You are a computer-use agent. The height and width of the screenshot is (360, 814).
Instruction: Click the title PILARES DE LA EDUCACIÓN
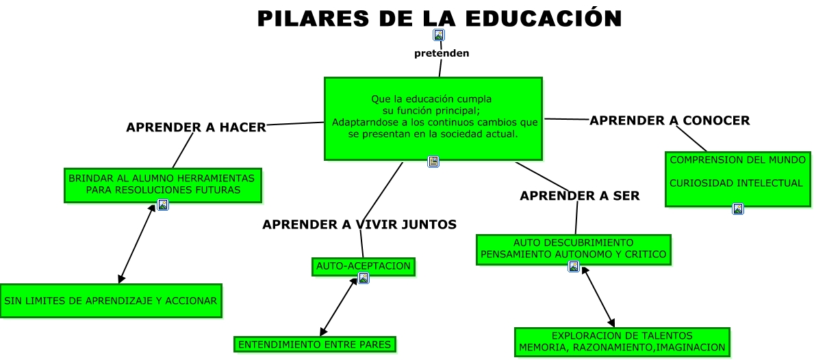[x=440, y=18]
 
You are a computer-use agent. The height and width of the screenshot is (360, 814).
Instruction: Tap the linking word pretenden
[x=442, y=53]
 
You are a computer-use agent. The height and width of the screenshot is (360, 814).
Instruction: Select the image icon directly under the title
[x=439, y=35]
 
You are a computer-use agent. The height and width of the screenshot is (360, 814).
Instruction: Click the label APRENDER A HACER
[x=196, y=127]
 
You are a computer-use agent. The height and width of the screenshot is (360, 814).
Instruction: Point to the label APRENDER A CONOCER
[x=670, y=120]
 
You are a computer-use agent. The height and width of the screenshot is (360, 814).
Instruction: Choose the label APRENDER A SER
[x=580, y=196]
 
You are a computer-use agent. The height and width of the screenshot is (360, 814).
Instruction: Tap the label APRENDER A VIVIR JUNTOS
[x=359, y=224]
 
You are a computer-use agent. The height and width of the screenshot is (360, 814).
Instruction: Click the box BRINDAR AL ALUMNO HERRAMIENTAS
[x=163, y=185]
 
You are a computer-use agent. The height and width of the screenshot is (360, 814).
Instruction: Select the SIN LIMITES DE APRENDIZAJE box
[x=111, y=300]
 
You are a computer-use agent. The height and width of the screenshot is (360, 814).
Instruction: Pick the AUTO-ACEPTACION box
[x=364, y=266]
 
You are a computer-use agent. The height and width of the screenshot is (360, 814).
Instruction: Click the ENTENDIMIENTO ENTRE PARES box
[x=315, y=344]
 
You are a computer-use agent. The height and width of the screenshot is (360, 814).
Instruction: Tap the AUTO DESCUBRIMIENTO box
[x=574, y=249]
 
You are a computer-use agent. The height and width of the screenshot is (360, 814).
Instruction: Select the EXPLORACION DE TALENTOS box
[x=622, y=342]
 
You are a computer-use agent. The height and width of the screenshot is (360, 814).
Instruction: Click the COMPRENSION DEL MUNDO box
[x=738, y=179]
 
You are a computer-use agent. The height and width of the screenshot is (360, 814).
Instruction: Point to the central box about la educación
[x=433, y=119]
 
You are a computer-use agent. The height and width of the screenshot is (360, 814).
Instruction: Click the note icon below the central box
[x=433, y=162]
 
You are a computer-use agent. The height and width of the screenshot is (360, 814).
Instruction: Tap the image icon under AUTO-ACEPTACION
[x=364, y=278]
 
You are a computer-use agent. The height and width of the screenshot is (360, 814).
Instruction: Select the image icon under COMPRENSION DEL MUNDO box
[x=738, y=209]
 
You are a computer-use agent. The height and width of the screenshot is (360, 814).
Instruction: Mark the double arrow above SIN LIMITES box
[x=137, y=244]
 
